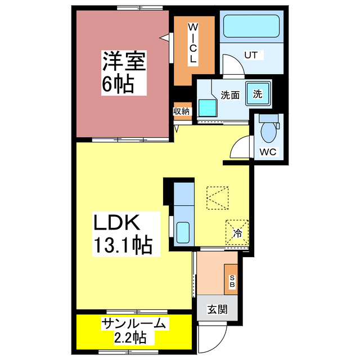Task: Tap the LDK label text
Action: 115,223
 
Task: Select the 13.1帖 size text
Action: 123,246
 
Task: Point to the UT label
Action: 250,55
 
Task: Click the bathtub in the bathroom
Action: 251,26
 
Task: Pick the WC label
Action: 267,151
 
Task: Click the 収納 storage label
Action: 182,111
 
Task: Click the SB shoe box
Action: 232,280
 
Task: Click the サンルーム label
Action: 134,323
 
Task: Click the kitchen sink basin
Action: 183,232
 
